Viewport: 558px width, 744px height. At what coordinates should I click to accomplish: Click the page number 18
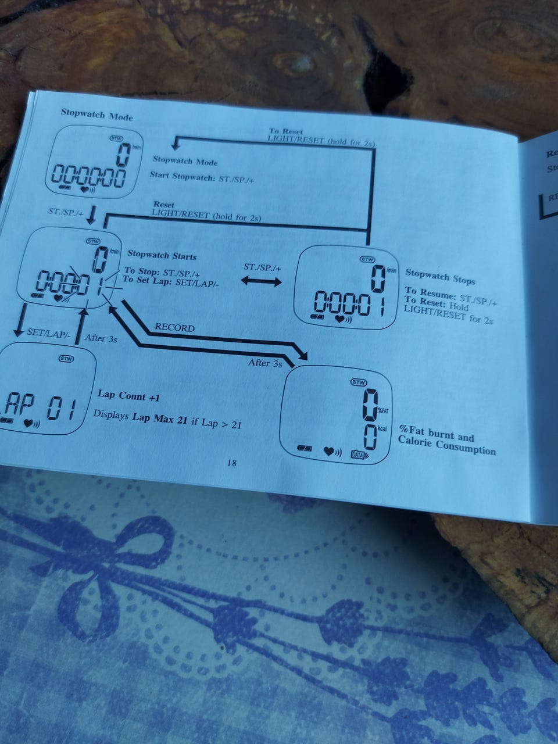[231, 463]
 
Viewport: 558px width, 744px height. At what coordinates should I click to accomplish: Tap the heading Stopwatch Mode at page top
[96, 114]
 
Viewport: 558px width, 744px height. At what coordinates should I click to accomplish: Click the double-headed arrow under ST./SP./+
[262, 281]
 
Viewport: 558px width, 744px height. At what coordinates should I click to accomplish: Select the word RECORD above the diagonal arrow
[174, 327]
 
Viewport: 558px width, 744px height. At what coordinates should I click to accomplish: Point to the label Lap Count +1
[128, 396]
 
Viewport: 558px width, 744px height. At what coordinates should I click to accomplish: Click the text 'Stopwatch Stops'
[440, 276]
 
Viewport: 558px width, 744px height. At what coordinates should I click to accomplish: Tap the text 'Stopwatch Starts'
[162, 255]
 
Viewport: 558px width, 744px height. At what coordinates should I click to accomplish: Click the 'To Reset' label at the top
[285, 132]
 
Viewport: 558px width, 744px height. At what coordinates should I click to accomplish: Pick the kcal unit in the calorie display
[382, 429]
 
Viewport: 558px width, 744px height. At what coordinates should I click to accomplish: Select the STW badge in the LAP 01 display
[66, 359]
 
